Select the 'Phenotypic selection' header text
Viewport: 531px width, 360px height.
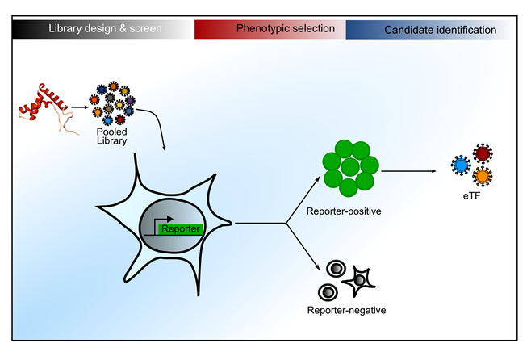point(286,29)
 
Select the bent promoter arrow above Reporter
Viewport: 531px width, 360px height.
point(159,220)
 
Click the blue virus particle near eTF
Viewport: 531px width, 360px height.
point(462,165)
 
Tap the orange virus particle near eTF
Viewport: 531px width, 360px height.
point(483,175)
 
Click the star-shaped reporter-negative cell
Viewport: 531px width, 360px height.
point(361,279)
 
